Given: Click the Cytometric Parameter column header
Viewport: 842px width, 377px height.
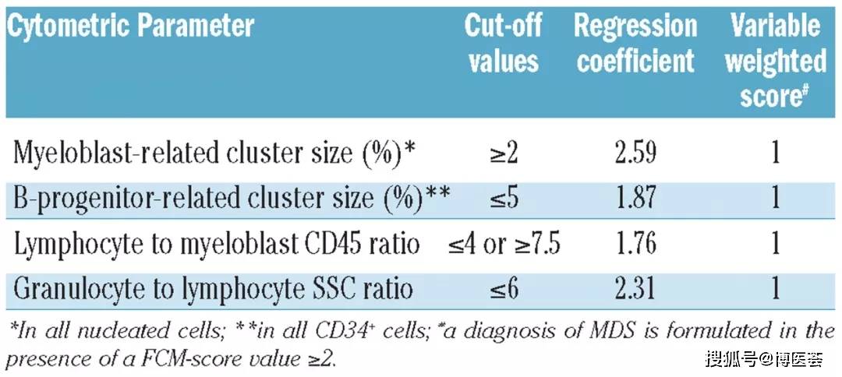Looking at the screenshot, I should (130, 26).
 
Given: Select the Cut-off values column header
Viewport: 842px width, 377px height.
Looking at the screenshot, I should (502, 44).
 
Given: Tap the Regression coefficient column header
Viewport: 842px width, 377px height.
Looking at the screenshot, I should (635, 44).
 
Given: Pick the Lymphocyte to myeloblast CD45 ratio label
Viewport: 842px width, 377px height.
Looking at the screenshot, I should (216, 244).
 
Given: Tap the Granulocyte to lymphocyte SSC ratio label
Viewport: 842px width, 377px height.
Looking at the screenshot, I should (212, 290).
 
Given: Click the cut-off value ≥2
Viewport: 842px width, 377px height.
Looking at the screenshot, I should (504, 153).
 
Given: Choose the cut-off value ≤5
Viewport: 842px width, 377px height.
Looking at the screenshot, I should (504, 198).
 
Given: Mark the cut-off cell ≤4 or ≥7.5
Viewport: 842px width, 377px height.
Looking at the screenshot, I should (504, 244).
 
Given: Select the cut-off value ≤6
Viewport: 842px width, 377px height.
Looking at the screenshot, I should (504, 290).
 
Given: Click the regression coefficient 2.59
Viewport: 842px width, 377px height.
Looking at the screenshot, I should (635, 153).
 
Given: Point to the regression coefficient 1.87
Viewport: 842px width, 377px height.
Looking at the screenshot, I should (635, 198).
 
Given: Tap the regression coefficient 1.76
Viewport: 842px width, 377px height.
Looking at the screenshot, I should (635, 244).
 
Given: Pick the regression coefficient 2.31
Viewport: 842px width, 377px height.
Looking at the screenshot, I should (635, 290).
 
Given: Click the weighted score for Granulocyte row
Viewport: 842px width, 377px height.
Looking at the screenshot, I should (776, 290).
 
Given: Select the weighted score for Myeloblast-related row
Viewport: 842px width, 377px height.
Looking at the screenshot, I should (776, 153).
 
